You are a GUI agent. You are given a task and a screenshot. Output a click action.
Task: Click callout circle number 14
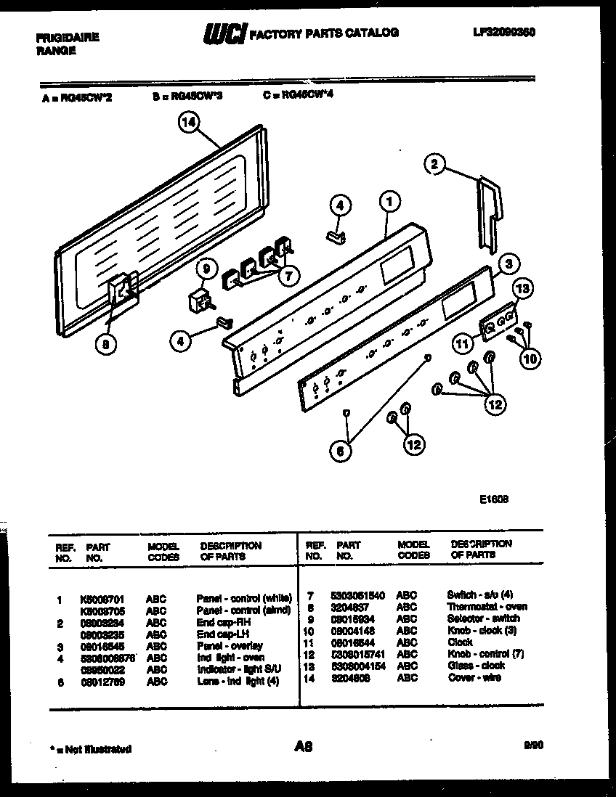point(189,123)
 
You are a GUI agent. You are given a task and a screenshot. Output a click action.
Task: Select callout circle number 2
point(434,164)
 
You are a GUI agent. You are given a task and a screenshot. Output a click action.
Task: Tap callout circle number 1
point(389,201)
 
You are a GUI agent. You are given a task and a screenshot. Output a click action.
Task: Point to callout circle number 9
point(206,269)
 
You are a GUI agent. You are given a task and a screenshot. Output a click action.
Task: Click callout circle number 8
point(108,346)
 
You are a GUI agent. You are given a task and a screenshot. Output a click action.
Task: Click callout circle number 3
point(509,263)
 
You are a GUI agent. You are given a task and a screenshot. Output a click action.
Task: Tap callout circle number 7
point(288,276)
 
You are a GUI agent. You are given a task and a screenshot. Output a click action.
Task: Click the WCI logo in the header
point(224,33)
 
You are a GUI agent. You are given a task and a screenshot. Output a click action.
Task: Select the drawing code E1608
point(493,499)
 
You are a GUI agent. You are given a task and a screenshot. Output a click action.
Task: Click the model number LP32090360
point(503,33)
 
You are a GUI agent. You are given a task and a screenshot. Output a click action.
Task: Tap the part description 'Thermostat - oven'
point(487,607)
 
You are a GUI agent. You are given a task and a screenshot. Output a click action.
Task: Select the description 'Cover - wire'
point(474,677)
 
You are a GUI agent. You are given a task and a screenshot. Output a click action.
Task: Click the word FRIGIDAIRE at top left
point(67,37)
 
